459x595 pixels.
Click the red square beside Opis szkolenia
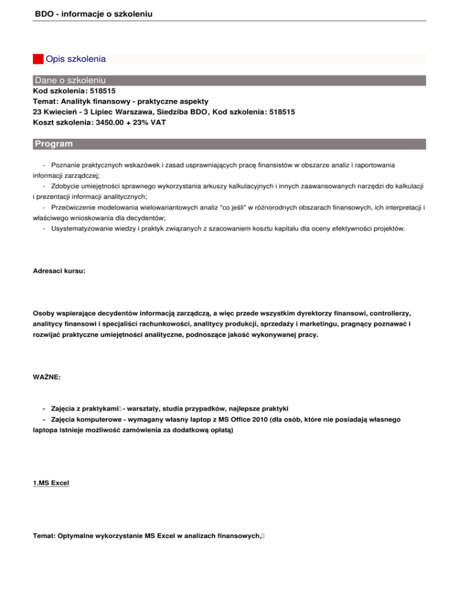38,59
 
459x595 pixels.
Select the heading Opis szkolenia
75,59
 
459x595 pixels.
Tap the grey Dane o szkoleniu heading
70,80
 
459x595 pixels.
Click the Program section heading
54,144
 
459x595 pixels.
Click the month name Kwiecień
64,112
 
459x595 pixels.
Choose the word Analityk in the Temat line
76,101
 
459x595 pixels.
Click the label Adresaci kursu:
59,271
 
